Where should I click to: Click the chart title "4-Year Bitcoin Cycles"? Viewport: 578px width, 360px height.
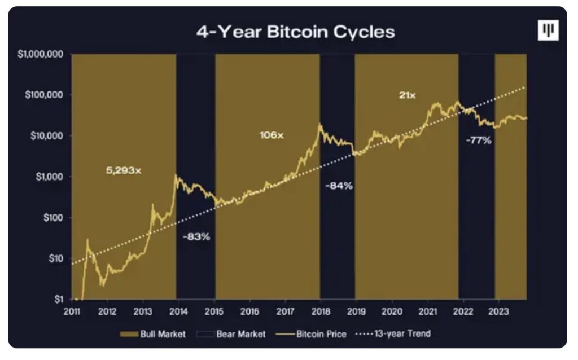click(295, 32)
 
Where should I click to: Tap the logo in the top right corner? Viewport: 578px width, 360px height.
click(547, 32)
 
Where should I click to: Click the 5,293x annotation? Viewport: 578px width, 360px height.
click(124, 170)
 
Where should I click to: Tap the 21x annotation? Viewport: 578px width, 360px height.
click(407, 95)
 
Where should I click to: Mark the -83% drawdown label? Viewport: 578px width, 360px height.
click(196, 237)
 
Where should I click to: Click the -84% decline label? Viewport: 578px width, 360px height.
click(339, 186)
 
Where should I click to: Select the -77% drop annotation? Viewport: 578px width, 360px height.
click(478, 141)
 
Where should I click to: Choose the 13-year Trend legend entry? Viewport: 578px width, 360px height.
click(393, 333)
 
